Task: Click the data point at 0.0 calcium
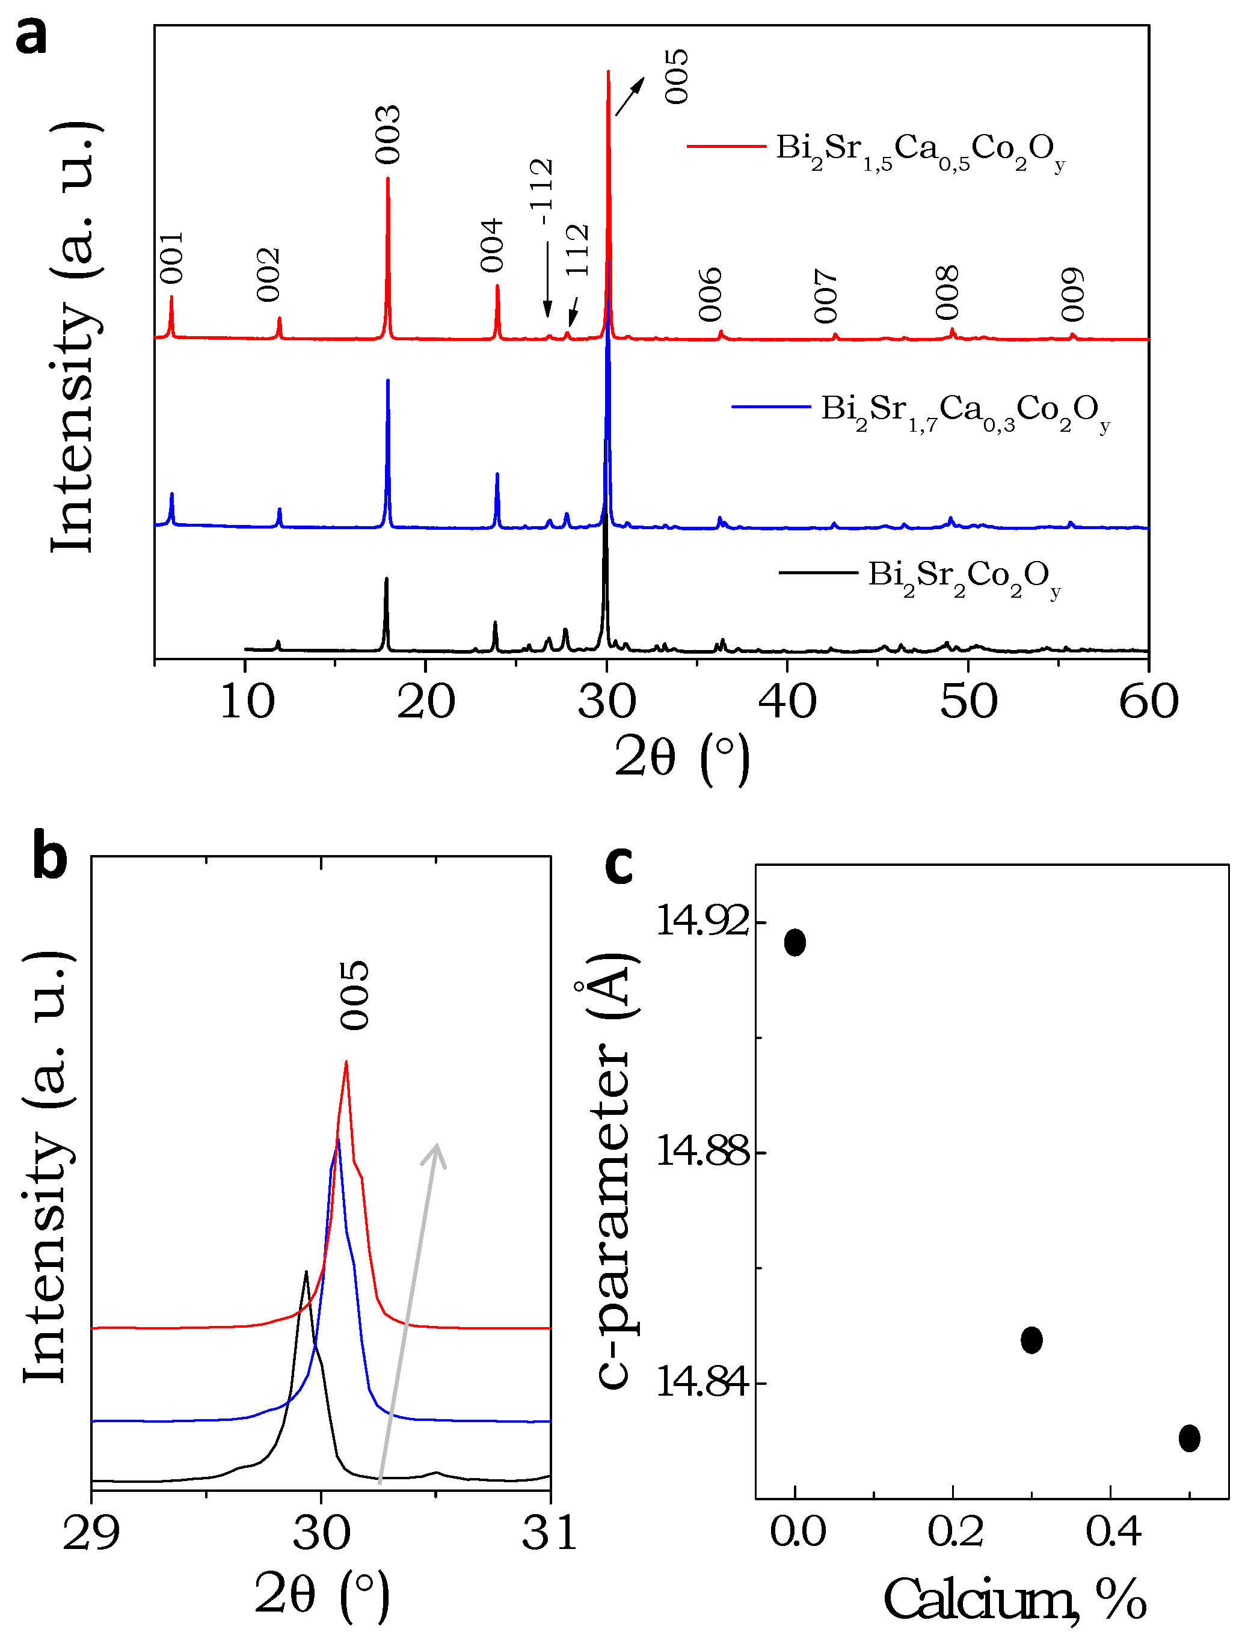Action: pyautogui.click(x=795, y=942)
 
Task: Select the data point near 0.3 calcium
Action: pyautogui.click(x=1031, y=1339)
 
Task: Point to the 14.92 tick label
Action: pyautogui.click(x=702, y=922)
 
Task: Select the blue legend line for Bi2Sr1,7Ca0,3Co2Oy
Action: pyautogui.click(x=770, y=406)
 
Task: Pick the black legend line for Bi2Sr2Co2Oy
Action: pyautogui.click(x=818, y=572)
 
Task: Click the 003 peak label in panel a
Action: pyautogui.click(x=387, y=135)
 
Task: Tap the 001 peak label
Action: pyautogui.click(x=172, y=258)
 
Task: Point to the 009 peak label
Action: pyautogui.click(x=1072, y=295)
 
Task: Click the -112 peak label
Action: pyautogui.click(x=542, y=191)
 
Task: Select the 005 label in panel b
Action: pyautogui.click(x=354, y=995)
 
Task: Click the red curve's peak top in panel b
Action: pyautogui.click(x=346, y=1063)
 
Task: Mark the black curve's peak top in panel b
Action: pyautogui.click(x=306, y=1271)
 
